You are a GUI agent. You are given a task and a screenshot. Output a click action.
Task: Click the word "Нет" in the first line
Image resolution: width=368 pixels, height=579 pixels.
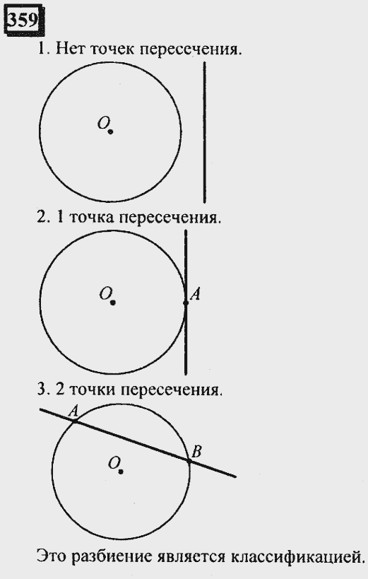pos(70,49)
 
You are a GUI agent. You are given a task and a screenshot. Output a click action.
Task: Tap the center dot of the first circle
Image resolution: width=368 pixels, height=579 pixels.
pos(110,131)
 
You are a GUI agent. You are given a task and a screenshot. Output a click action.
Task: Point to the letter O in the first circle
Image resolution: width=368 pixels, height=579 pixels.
pos(102,123)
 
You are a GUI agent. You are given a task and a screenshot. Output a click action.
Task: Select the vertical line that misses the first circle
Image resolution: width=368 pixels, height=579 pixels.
pos(205,132)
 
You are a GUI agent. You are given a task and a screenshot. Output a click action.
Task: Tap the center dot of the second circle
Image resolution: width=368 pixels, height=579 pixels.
pos(113,303)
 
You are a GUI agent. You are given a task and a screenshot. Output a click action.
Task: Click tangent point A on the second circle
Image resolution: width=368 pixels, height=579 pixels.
pos(186,303)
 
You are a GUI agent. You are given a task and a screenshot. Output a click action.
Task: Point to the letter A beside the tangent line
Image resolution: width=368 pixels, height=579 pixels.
pos(195,294)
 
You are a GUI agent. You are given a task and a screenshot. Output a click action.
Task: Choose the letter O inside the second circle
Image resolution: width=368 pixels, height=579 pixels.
pos(105,294)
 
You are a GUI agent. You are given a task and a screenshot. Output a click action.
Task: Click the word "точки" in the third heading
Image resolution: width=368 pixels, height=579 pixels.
pos(93,390)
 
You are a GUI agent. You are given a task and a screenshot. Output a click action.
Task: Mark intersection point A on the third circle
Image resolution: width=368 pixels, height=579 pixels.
pos(75,421)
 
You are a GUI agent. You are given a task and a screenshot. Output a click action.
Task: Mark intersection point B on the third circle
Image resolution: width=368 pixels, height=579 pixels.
pos(189,461)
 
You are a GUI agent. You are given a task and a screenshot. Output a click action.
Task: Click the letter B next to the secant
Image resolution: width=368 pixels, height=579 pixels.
pos(197,451)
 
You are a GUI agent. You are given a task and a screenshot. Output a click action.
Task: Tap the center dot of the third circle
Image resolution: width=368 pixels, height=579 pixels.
pos(121,472)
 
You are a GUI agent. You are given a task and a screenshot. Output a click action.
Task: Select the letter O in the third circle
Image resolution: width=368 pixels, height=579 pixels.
pos(113,462)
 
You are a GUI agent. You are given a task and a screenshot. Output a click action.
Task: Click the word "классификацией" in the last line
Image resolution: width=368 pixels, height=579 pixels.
pos(297,556)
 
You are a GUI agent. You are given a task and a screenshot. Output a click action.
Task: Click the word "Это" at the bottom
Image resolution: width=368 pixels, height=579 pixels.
pos(52,556)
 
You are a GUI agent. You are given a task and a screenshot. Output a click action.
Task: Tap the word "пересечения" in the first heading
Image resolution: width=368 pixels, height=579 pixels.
pos(191,49)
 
